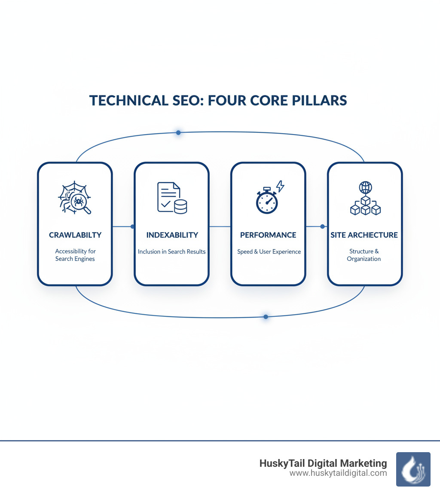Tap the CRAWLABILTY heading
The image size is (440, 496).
click(75, 235)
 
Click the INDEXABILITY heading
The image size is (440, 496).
click(172, 235)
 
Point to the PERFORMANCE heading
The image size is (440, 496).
click(268, 235)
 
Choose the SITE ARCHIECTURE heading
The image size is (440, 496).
click(364, 235)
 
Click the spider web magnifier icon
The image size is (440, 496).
click(74, 199)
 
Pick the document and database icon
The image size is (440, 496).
click(172, 197)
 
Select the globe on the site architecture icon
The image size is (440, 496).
click(366, 187)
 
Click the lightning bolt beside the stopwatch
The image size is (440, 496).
click(280, 186)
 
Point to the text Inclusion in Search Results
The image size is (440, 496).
click(172, 251)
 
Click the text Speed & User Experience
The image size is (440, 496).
click(268, 251)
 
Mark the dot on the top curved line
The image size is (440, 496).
click(178, 133)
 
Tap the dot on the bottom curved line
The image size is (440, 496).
click(266, 317)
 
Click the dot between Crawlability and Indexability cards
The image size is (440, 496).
click(132, 226)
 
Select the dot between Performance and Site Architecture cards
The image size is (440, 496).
click(322, 226)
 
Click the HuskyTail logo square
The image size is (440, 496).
click(413, 469)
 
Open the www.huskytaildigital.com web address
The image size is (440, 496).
click(338, 473)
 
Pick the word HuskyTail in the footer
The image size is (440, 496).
click(280, 463)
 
